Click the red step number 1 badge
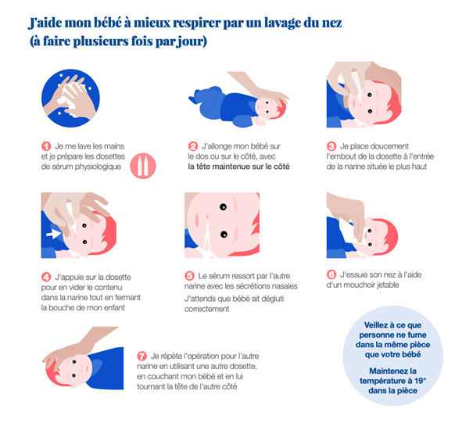pyautogui.click(x=46, y=146)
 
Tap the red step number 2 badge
pyautogui.click(x=193, y=146)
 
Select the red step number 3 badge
pyautogui.click(x=331, y=146)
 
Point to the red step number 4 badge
pyautogui.click(x=46, y=277)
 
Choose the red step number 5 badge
pyautogui.click(x=189, y=276)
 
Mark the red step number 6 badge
pyautogui.click(x=331, y=274)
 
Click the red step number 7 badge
pyautogui.click(x=142, y=356)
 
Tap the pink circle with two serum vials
pyautogui.click(x=143, y=166)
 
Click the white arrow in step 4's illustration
pyautogui.click(x=53, y=234)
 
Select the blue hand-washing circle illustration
pyautogui.click(x=70, y=98)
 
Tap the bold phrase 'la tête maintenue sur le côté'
pyautogui.click(x=238, y=167)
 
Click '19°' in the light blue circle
pyautogui.click(x=420, y=381)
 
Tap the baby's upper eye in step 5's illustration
pyautogui.click(x=224, y=207)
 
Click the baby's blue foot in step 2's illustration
pyautogui.click(x=193, y=99)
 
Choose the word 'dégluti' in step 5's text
pyautogui.click(x=272, y=299)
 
